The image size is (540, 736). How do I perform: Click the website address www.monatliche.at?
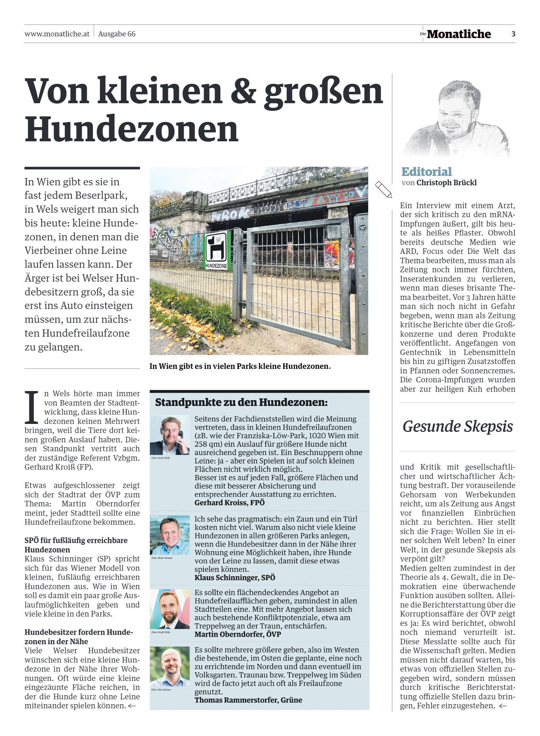tap(57, 34)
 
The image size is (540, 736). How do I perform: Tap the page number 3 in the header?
tap(513, 34)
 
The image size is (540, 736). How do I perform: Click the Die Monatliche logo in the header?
tap(455, 34)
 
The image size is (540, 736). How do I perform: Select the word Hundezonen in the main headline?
tap(132, 129)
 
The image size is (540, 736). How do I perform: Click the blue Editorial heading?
tap(426, 172)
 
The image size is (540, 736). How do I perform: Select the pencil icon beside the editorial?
tap(383, 189)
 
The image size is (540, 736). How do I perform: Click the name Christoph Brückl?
tap(446, 183)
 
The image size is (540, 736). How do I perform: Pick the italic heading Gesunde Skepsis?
tap(458, 426)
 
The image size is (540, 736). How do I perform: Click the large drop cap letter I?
tap(32, 408)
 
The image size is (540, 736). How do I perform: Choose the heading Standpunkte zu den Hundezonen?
tap(241, 402)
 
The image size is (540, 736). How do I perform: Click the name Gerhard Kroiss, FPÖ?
tap(229, 503)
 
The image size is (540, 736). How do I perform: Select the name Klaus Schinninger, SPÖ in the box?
tap(234, 577)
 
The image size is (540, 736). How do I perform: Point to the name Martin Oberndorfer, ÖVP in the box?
tap(238, 634)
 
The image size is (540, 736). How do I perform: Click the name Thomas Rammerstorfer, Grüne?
tap(248, 700)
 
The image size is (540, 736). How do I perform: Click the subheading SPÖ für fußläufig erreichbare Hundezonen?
tap(76, 545)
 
